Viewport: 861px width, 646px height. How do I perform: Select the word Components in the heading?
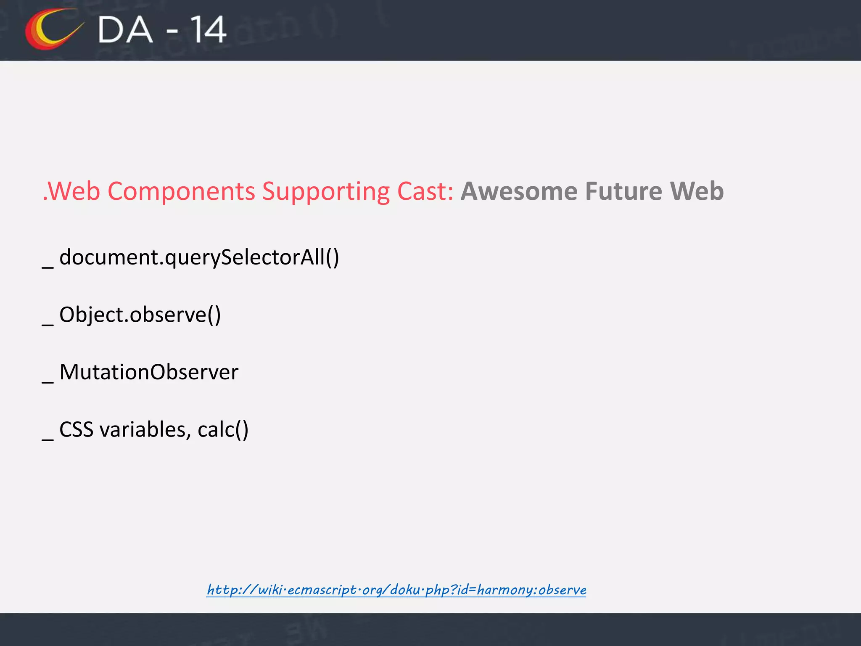pos(181,191)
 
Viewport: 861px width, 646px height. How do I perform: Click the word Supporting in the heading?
pos(326,191)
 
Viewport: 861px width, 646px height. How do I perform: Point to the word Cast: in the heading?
pos(425,191)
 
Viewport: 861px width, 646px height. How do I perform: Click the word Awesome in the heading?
pos(519,191)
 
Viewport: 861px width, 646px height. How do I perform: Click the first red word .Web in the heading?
pos(71,191)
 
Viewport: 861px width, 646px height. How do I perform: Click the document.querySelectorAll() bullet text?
pos(199,257)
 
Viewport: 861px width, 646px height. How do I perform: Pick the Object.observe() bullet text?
pos(140,315)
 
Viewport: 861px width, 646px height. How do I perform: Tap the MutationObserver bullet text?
pos(149,372)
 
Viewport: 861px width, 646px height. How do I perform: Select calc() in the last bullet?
pos(223,430)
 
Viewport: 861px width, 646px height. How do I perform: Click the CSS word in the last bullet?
pos(76,430)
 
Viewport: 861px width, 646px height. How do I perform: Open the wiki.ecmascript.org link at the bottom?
pos(396,590)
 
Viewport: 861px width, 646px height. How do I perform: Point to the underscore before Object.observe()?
pos(48,324)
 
